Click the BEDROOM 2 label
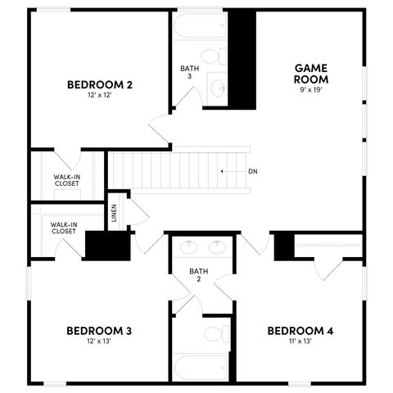click(x=100, y=84)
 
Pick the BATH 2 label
click(x=196, y=274)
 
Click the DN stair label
click(x=252, y=171)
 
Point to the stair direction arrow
click(x=227, y=171)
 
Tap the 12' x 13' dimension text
click(x=99, y=341)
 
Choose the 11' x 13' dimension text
click(x=300, y=341)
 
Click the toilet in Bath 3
click(x=212, y=57)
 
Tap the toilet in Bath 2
click(x=215, y=334)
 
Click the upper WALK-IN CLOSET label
click(x=67, y=180)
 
